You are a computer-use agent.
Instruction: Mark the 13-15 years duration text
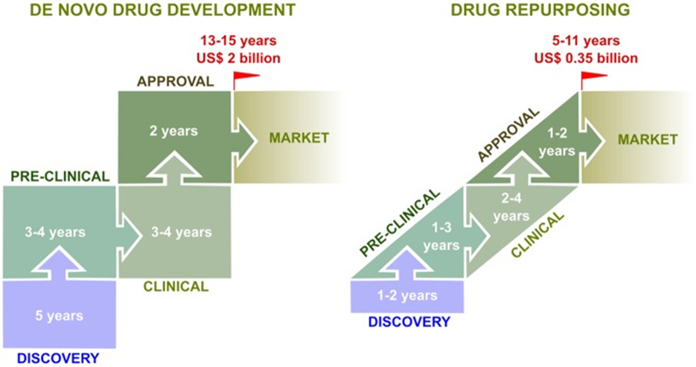tap(238, 41)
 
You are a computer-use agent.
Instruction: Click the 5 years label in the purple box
tap(59, 316)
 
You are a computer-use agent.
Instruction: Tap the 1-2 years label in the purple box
tap(407, 296)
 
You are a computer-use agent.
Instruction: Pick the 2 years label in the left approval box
tap(173, 130)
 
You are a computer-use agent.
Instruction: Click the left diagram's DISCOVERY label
tap(58, 358)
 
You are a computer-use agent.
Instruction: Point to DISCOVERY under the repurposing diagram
tap(409, 321)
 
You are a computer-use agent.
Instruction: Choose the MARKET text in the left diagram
tap(299, 138)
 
